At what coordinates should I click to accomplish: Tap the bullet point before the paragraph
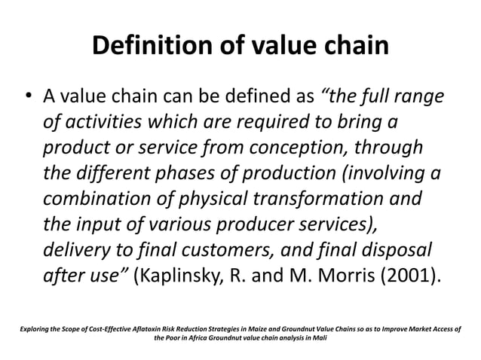click(27, 98)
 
